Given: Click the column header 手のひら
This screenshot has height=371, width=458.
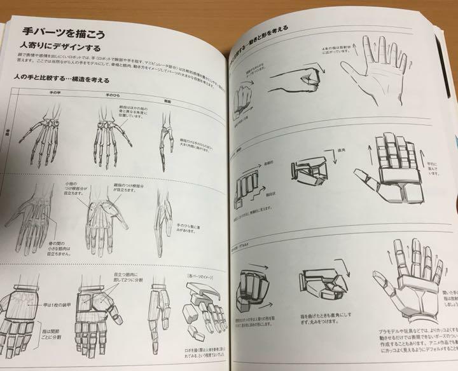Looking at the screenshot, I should [x=104, y=95].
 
